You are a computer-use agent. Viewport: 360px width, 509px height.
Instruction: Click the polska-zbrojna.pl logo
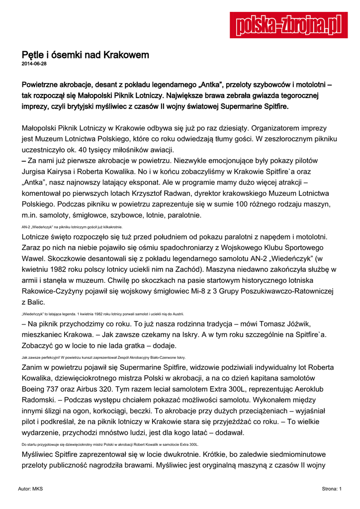[288, 25]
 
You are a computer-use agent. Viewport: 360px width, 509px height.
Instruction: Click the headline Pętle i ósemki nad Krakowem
[85, 55]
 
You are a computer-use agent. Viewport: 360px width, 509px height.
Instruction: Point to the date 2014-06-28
[34, 64]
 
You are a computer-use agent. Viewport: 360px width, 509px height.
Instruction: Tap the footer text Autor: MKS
[30, 489]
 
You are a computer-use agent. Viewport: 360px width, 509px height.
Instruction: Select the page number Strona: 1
[332, 489]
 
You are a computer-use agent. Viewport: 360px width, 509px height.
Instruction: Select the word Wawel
[34, 258]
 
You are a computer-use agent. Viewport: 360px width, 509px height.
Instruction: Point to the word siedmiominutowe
[293, 455]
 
